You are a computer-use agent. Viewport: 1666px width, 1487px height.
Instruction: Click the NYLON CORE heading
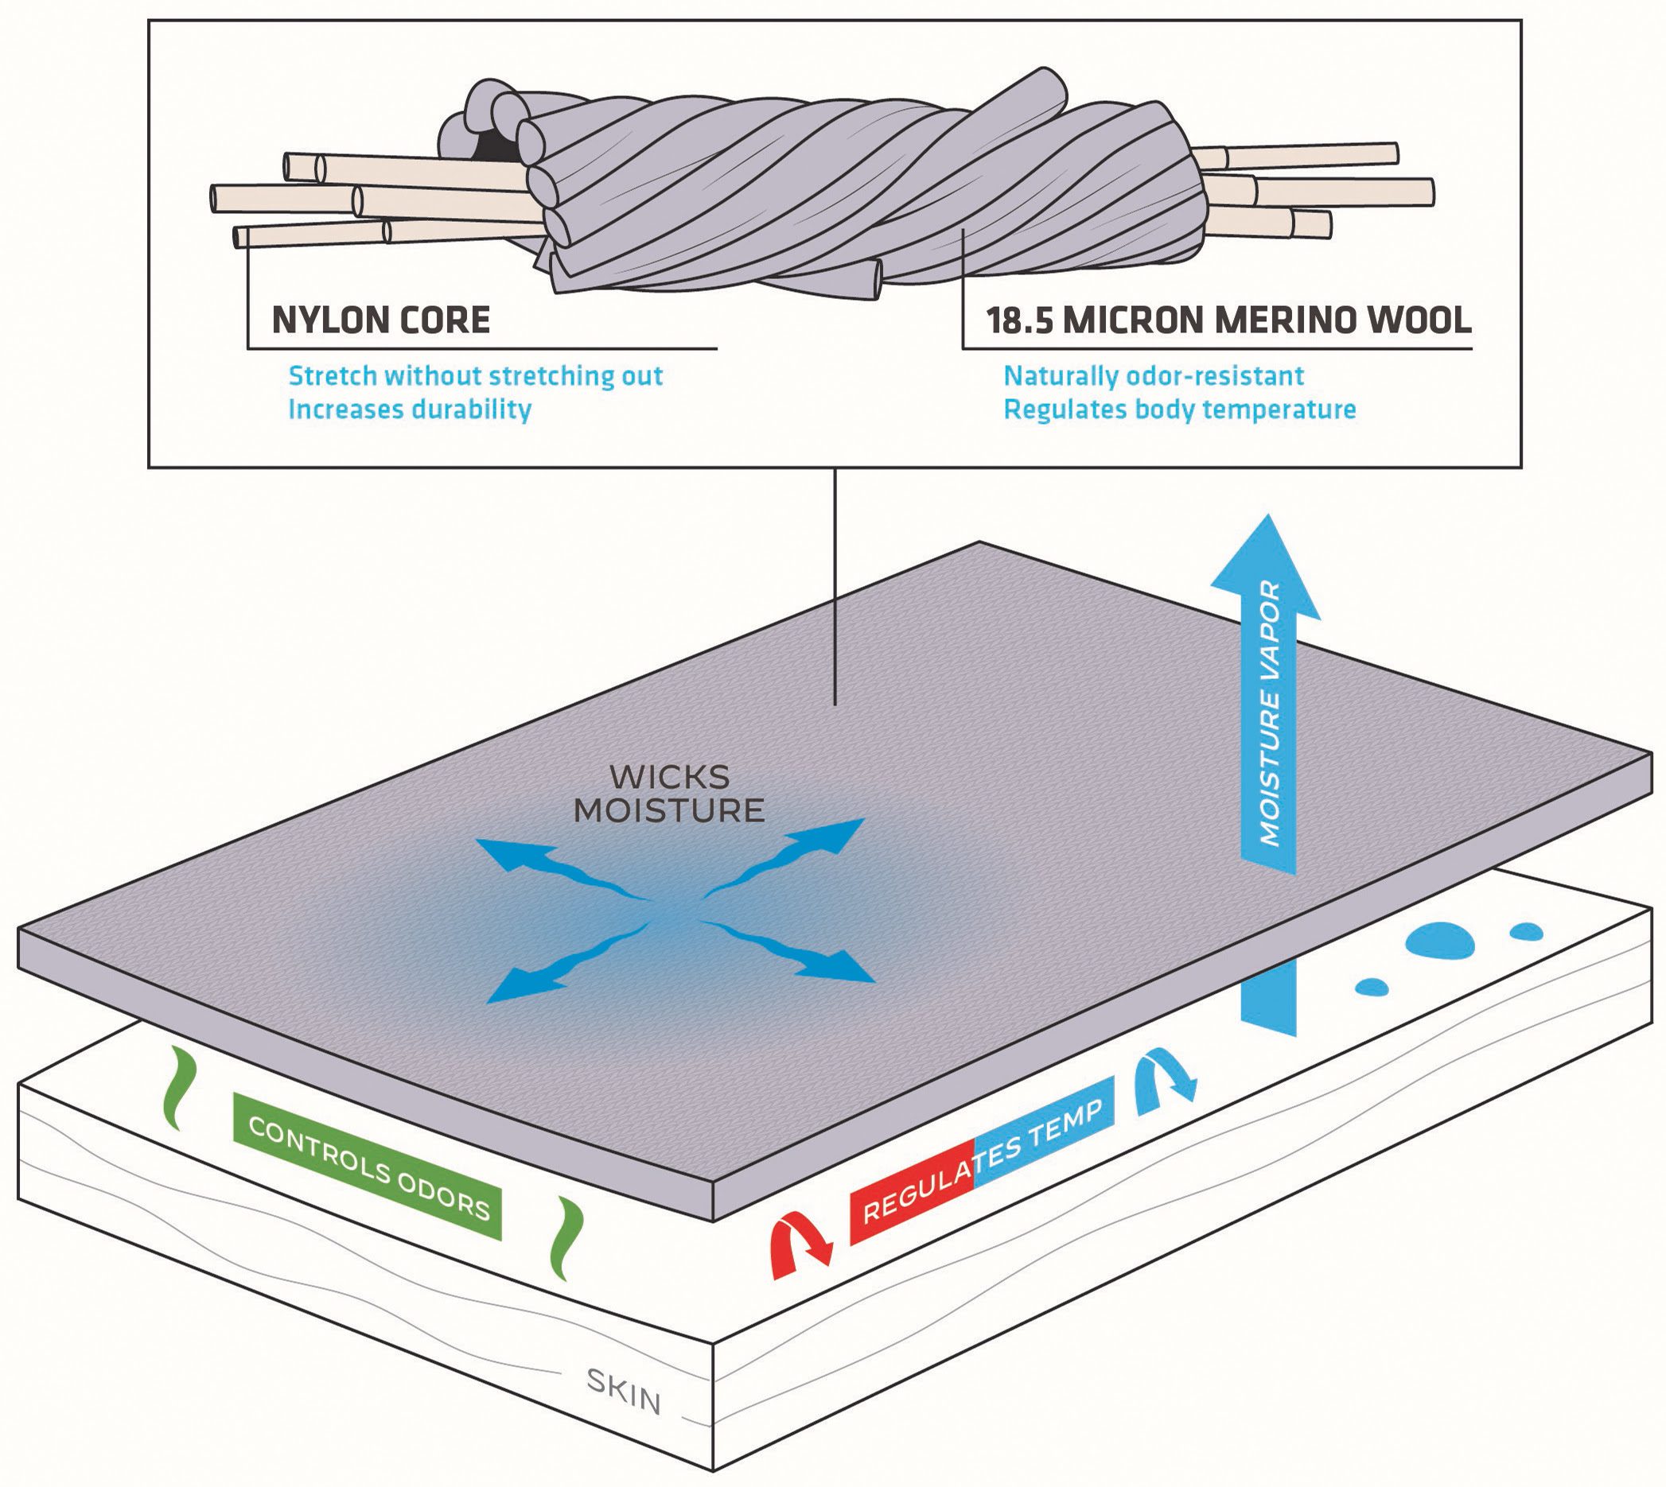381,320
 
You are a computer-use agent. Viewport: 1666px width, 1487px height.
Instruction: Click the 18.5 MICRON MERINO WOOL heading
1228,320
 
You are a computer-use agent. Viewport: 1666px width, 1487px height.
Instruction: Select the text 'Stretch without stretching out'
475,376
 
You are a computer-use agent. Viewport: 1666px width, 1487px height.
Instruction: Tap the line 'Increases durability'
410,409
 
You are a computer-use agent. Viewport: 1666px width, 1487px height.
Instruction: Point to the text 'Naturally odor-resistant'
1154,376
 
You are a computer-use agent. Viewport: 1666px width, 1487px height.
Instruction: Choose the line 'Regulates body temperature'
1180,409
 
